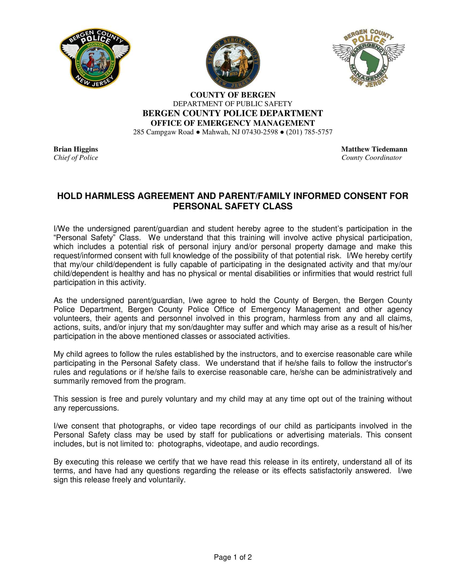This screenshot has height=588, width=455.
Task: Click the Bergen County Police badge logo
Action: click(95, 58)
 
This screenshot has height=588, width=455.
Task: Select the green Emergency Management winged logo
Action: click(369, 58)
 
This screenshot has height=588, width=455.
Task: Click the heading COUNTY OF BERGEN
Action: click(233, 95)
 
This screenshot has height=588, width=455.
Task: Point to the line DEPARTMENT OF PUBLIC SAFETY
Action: click(232, 104)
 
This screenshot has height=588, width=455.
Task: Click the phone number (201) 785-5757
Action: click(309, 132)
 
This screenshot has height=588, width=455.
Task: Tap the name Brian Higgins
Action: click(76, 149)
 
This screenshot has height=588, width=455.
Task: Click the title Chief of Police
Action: click(76, 158)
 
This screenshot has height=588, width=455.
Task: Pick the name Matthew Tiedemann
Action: click(374, 149)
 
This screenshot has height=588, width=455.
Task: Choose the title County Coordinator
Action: click(371, 158)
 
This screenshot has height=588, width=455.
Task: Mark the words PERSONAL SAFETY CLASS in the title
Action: click(232, 207)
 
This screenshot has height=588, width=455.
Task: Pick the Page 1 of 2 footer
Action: click(233, 557)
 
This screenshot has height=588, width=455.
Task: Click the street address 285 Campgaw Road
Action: click(163, 132)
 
